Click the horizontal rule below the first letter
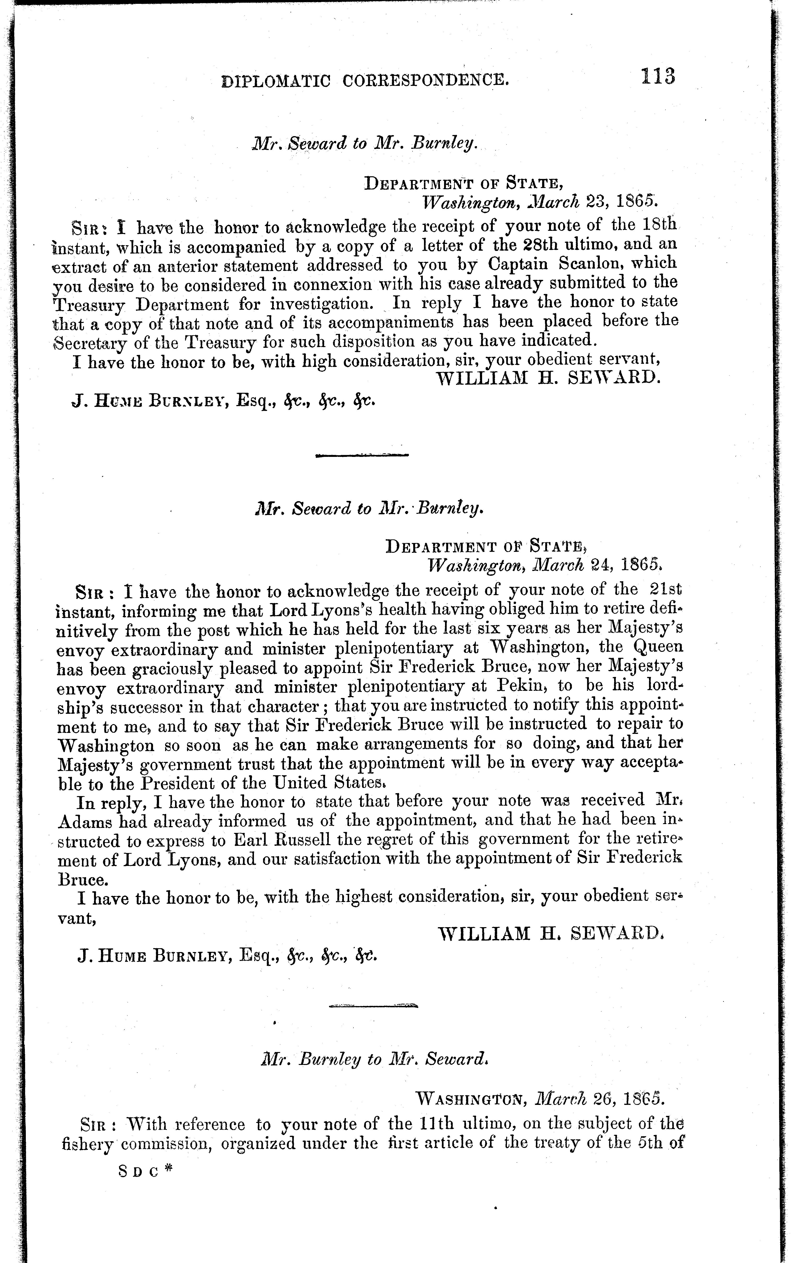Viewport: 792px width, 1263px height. tap(363, 455)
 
